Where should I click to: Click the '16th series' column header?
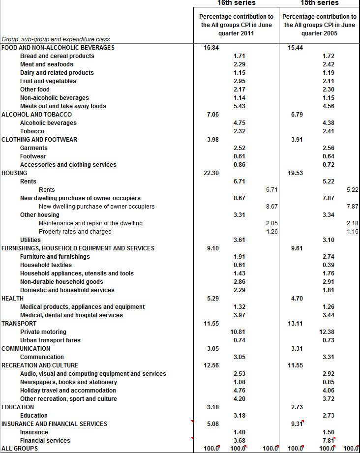[x=237, y=3]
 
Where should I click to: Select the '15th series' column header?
[x=320, y=3]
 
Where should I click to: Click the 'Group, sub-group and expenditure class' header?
[x=56, y=39]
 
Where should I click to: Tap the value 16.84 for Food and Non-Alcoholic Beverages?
[x=211, y=48]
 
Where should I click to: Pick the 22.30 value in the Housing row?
[x=211, y=173]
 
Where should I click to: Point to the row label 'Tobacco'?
[x=32, y=131]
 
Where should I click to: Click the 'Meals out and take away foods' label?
[x=63, y=106]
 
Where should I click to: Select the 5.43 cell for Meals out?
[x=239, y=106]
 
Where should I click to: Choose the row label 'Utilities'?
[x=30, y=240]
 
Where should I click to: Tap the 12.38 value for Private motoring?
[x=327, y=332]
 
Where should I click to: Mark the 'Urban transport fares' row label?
[x=50, y=340]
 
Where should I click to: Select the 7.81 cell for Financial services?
[x=328, y=441]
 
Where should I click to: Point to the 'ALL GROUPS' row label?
[x=20, y=449]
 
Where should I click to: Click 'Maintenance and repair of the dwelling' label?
[x=90, y=223]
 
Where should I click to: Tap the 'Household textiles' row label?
[x=46, y=265]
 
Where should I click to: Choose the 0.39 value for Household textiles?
[x=329, y=265]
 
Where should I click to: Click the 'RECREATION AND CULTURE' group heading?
[x=40, y=365]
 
